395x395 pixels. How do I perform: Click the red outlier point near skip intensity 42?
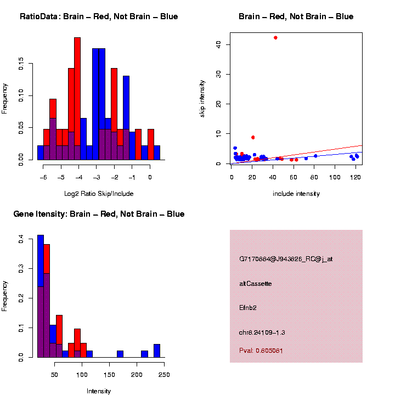coord(275,37)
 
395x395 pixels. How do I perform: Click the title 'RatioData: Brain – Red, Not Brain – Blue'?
coord(99,16)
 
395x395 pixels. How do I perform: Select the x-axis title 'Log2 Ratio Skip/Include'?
coord(99,193)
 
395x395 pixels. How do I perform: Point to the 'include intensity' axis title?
coord(296,193)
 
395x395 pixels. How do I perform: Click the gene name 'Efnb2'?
coord(247,308)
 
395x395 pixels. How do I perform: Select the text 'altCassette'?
coord(255,284)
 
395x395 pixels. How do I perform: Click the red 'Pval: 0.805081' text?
coord(261,351)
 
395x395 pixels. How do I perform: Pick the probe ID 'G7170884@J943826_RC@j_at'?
coord(286,259)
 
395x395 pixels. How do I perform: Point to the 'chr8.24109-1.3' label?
coord(262,332)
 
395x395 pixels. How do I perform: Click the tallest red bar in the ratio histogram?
coord(77,99)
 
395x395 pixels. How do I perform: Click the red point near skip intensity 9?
coord(253,137)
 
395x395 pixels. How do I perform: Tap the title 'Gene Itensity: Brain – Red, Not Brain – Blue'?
coord(99,214)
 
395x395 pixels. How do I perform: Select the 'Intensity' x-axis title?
coord(99,391)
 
